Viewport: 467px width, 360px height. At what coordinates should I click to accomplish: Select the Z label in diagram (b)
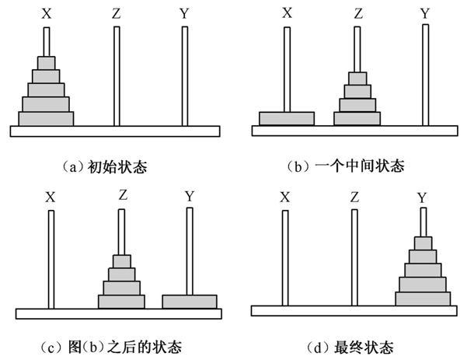pyautogui.click(x=357, y=12)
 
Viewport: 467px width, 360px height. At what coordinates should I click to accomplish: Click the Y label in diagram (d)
pyautogui.click(x=422, y=198)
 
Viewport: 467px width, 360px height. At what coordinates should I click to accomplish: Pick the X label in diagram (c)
pyautogui.click(x=51, y=197)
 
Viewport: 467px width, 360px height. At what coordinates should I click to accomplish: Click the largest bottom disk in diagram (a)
pyautogui.click(x=46, y=118)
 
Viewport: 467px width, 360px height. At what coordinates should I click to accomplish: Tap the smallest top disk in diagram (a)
pyautogui.click(x=46, y=62)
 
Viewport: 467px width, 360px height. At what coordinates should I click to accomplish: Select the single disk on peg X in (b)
pyautogui.click(x=286, y=118)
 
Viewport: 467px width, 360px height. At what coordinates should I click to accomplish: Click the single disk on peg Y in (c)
pyautogui.click(x=189, y=301)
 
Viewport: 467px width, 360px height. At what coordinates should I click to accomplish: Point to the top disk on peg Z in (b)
pyautogui.click(x=357, y=79)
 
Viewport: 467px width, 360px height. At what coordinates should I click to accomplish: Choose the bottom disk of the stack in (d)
pyautogui.click(x=423, y=299)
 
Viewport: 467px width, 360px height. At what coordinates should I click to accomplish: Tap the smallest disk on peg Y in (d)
pyautogui.click(x=423, y=243)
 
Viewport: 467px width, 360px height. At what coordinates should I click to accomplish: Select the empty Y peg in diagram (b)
pyautogui.click(x=425, y=74)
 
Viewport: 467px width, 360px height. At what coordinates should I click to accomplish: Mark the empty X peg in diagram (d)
pyautogui.click(x=285, y=257)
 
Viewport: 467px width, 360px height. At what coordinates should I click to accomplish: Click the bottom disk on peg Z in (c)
pyautogui.click(x=121, y=301)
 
